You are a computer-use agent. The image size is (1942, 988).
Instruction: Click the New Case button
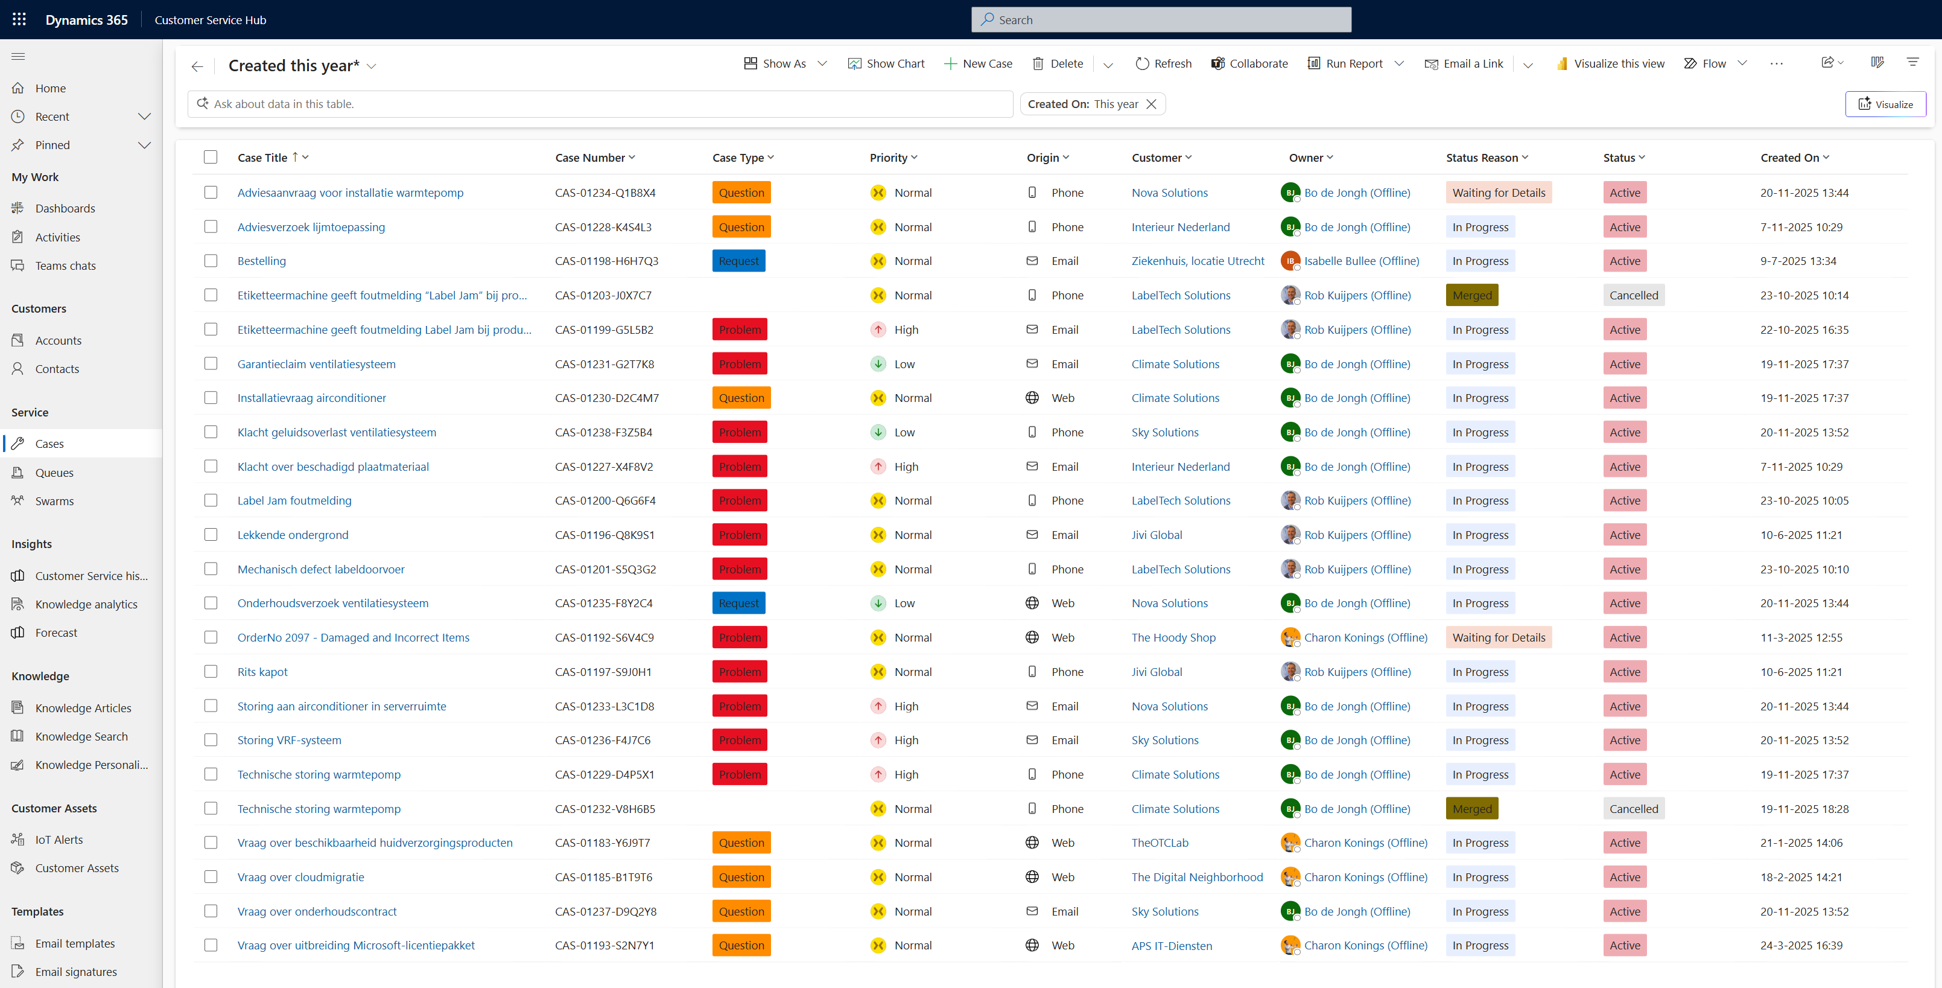(978, 64)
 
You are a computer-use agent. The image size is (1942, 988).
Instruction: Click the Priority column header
(888, 158)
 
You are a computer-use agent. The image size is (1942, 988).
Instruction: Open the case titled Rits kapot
(262, 672)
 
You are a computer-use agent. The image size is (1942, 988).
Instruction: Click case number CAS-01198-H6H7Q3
(606, 261)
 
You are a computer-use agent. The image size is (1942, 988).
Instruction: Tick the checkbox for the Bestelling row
(211, 261)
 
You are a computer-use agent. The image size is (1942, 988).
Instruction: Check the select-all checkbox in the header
(211, 158)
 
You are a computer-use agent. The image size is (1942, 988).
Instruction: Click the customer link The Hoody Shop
(1173, 638)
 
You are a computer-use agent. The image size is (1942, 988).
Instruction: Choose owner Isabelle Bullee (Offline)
(1361, 261)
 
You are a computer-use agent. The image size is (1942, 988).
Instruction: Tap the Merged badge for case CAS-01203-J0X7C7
(1471, 296)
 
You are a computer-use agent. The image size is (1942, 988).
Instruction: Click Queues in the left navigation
(54, 473)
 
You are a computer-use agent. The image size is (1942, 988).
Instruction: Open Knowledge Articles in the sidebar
(83, 708)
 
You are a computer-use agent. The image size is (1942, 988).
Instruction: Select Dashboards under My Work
(65, 209)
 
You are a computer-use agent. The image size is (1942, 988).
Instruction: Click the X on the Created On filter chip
(1151, 104)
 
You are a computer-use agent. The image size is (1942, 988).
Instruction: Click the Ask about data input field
(603, 104)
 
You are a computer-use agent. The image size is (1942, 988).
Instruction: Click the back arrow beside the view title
(197, 66)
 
